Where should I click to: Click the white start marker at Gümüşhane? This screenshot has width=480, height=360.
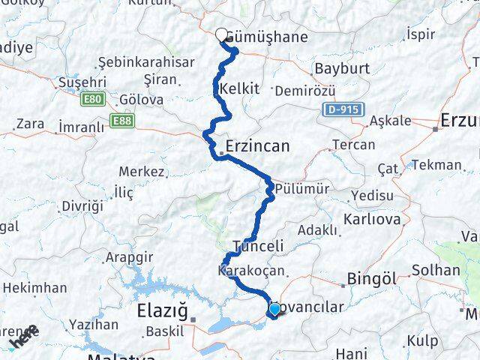222,34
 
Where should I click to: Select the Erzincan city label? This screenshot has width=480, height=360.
257,146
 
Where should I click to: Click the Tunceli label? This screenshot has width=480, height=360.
258,246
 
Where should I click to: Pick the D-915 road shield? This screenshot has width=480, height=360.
344,109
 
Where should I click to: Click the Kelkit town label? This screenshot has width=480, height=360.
240,89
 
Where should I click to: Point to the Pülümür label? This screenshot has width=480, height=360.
301,188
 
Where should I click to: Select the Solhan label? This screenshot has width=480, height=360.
436,270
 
